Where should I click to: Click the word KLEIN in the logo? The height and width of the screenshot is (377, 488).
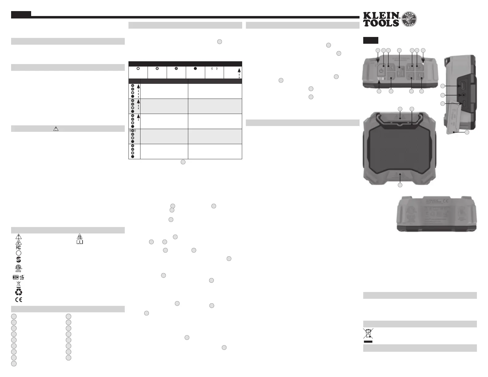click(x=381, y=15)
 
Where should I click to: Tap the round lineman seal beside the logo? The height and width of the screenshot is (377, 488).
click(x=409, y=19)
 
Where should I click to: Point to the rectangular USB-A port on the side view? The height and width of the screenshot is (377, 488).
click(x=463, y=86)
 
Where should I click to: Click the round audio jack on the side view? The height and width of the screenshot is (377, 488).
click(x=464, y=95)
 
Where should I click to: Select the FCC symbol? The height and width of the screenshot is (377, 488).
click(x=19, y=247)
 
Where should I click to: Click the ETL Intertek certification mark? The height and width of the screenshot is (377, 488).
click(x=18, y=268)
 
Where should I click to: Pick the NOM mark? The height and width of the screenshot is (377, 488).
click(x=16, y=277)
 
